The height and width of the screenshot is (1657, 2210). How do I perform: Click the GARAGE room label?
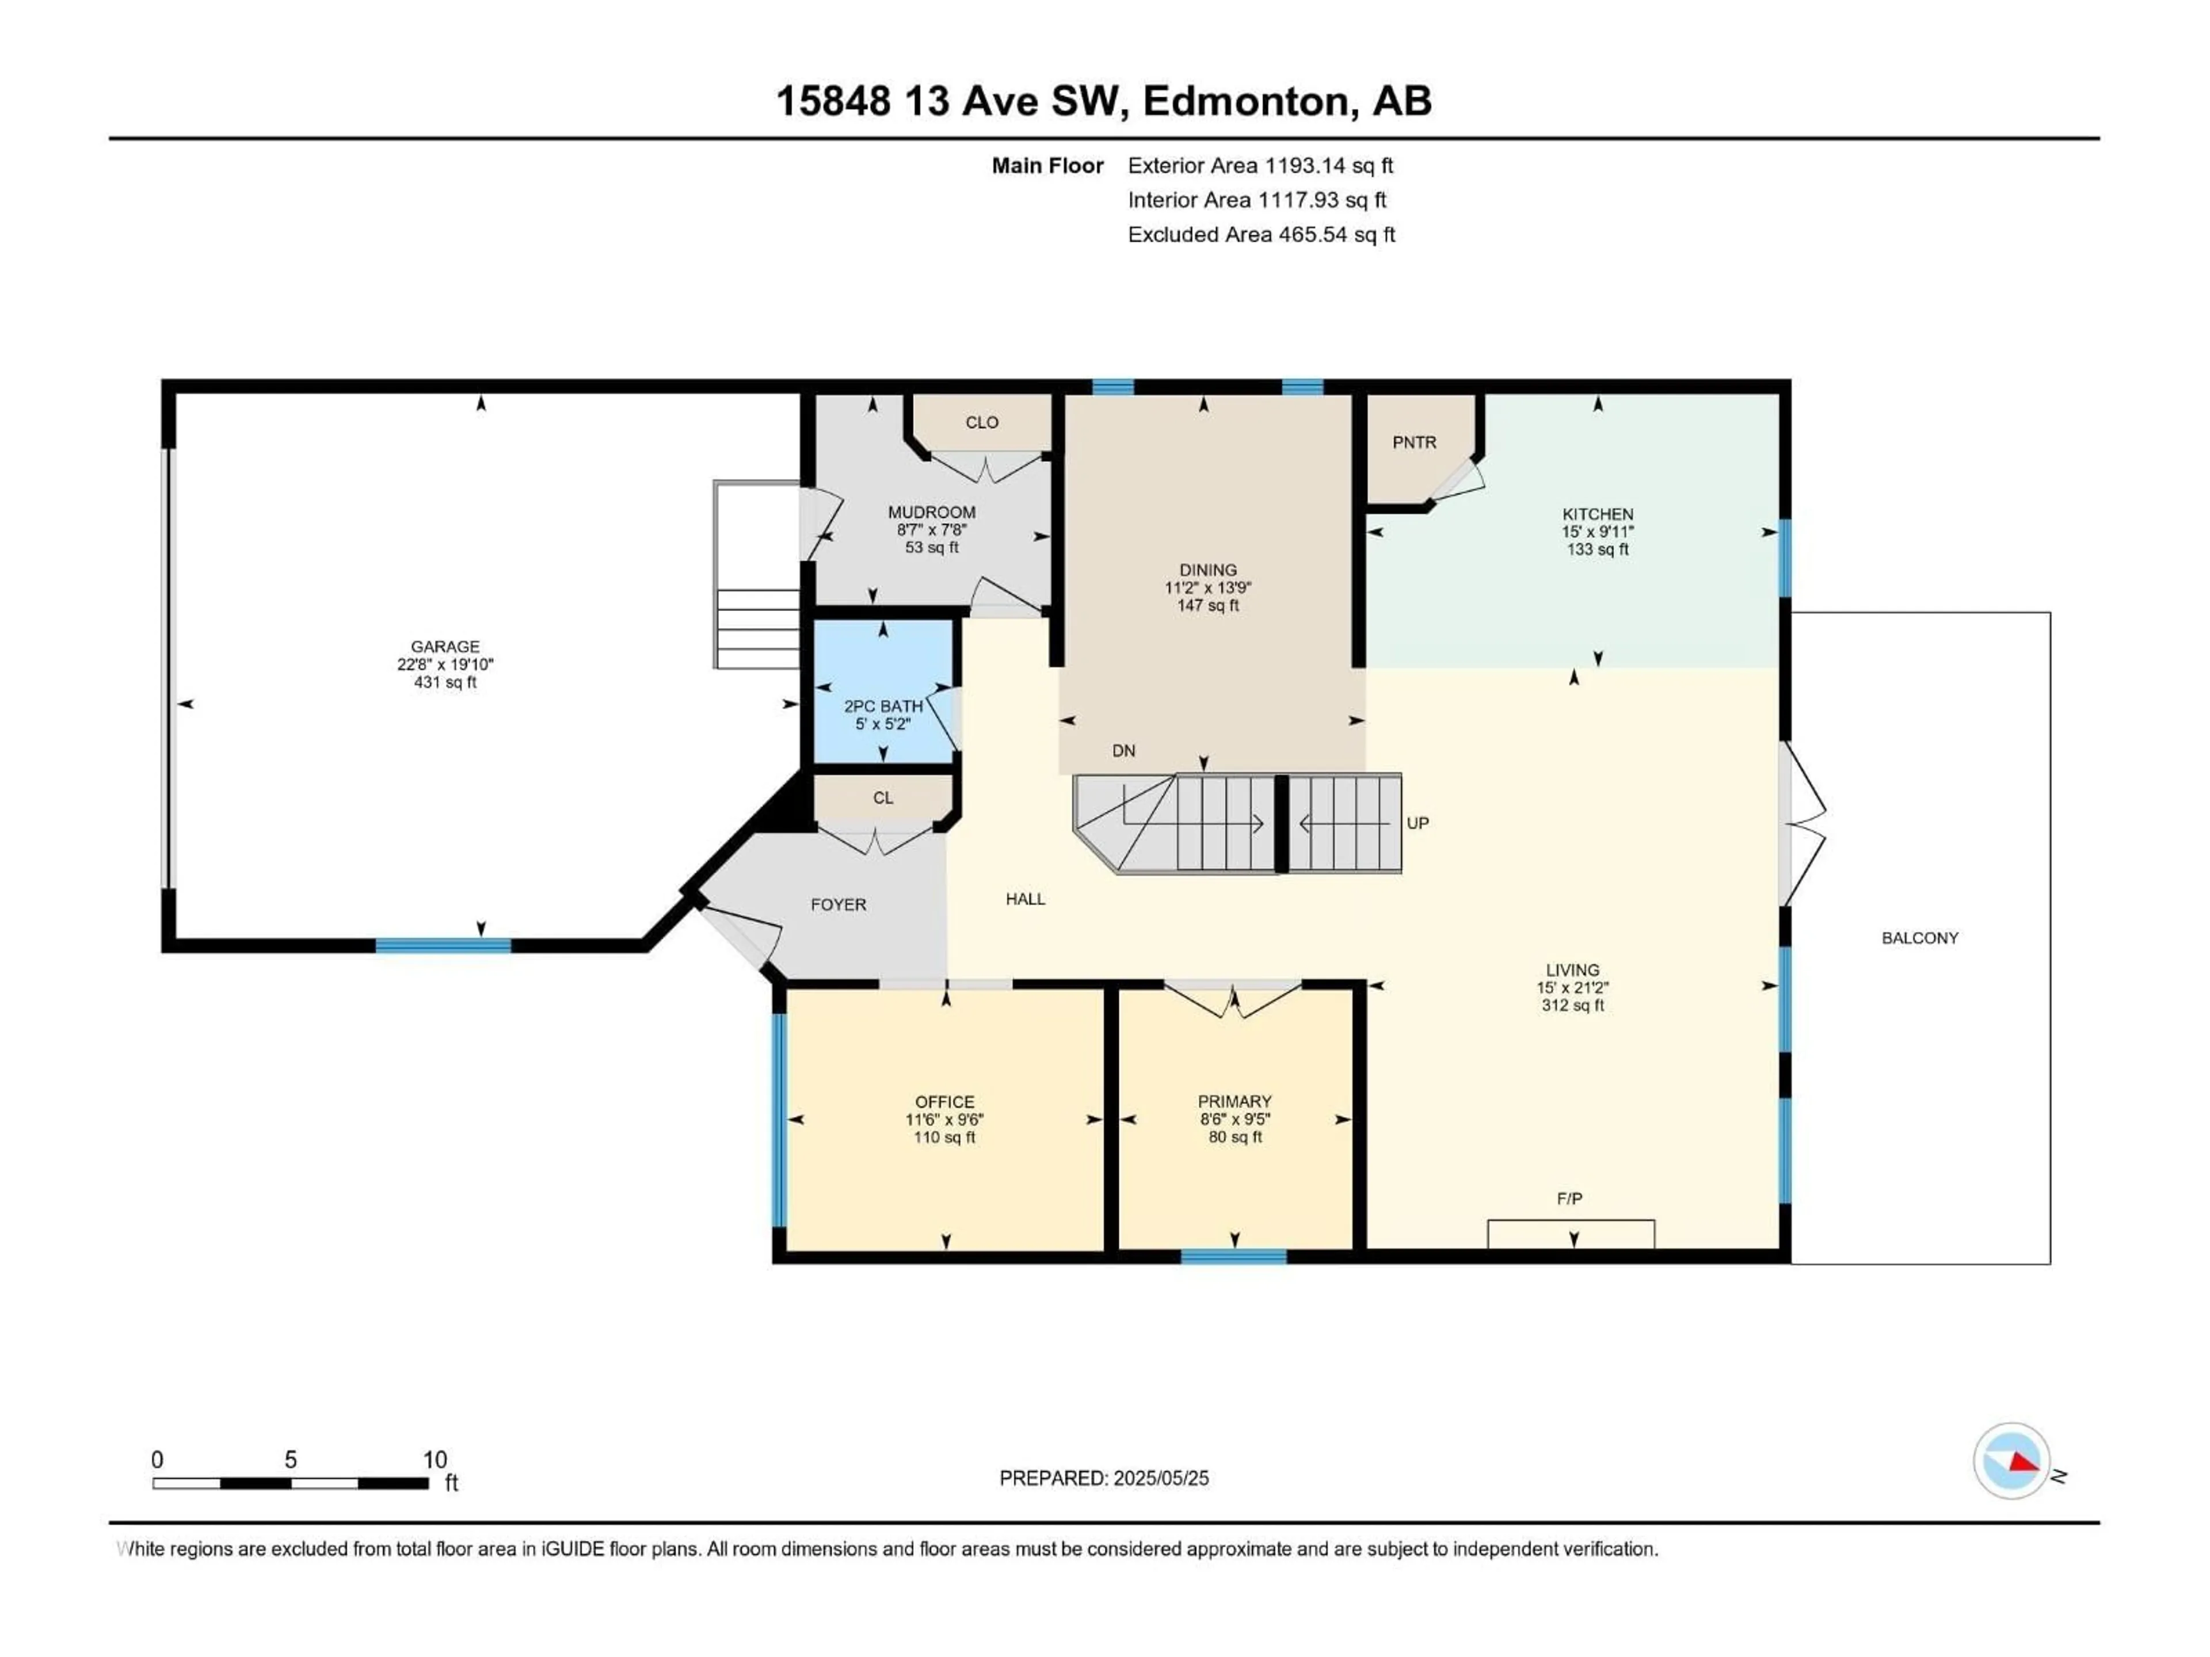point(445,646)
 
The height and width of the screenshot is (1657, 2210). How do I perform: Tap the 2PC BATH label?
point(883,706)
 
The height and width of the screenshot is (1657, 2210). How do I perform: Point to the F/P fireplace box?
point(1571,1235)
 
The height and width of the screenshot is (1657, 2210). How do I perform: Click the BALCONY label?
point(1919,938)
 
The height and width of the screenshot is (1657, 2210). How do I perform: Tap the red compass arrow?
point(2023,1463)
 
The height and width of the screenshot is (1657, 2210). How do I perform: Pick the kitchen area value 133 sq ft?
point(1598,549)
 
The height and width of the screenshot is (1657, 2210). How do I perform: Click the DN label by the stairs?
point(1123,751)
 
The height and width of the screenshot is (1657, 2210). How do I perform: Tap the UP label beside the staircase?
point(1417,823)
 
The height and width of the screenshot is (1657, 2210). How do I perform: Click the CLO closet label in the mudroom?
point(981,422)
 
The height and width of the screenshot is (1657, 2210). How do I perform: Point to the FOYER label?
point(837,905)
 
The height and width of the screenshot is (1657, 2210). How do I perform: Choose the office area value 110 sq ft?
point(944,1137)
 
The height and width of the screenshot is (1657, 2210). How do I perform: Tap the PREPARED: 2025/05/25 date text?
point(1103,1478)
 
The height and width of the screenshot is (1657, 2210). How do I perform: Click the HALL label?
point(1025,899)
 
